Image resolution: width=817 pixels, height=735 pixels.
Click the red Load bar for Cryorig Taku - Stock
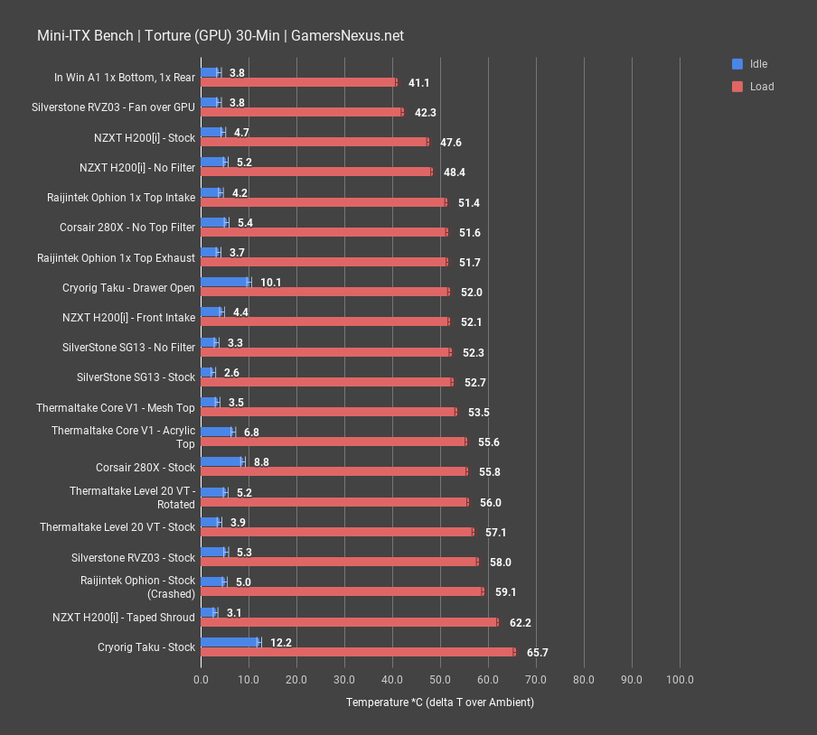pyautogui.click(x=358, y=652)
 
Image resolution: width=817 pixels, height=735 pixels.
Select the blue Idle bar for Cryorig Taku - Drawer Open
pyautogui.click(x=225, y=282)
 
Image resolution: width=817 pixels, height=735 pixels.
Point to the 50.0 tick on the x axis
pyautogui.click(x=440, y=679)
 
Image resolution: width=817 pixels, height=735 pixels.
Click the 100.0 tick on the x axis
pyautogui.click(x=680, y=679)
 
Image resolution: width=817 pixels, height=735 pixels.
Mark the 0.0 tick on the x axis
pyautogui.click(x=201, y=679)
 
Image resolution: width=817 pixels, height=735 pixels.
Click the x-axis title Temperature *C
pyautogui.click(x=439, y=702)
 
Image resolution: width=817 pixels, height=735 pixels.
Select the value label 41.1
pyautogui.click(x=418, y=83)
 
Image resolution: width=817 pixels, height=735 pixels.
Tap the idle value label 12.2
pyautogui.click(x=280, y=642)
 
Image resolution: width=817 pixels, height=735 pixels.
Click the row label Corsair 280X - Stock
pyautogui.click(x=146, y=468)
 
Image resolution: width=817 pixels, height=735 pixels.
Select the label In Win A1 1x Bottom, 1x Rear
pyautogui.click(x=125, y=78)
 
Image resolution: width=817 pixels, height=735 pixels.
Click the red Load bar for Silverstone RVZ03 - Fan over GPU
pyautogui.click(x=301, y=112)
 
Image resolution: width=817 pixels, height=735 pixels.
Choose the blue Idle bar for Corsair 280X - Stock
pyautogui.click(x=221, y=461)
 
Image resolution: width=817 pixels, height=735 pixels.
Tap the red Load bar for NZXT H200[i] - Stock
pyautogui.click(x=315, y=142)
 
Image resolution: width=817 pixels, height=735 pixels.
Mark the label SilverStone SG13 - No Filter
pyautogui.click(x=128, y=348)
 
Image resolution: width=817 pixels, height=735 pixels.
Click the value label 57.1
pyautogui.click(x=496, y=533)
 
